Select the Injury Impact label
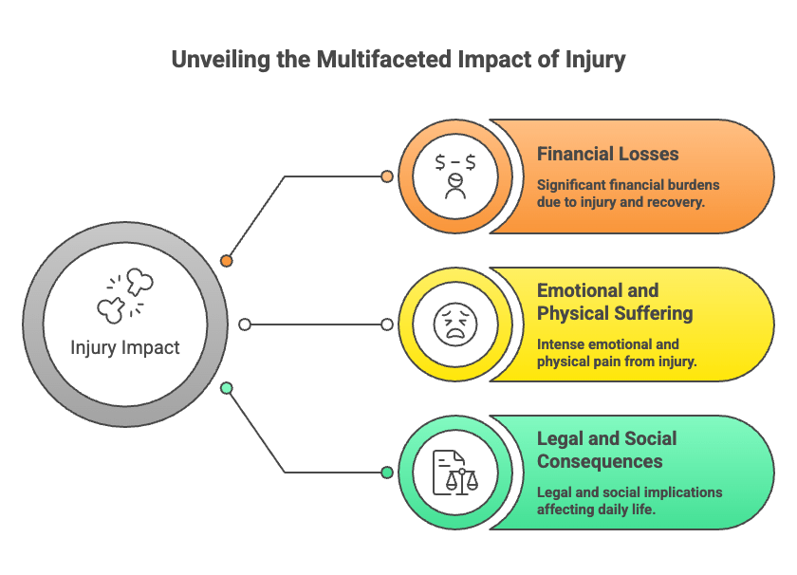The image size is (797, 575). pyautogui.click(x=125, y=347)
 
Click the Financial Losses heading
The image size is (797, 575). pyautogui.click(x=608, y=154)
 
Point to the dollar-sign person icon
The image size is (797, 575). pyautogui.click(x=455, y=176)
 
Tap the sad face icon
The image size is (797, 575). pyautogui.click(x=455, y=325)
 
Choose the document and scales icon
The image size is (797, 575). pyautogui.click(x=455, y=473)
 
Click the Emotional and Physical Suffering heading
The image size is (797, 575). pyautogui.click(x=615, y=302)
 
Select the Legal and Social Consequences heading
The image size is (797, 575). pyautogui.click(x=607, y=450)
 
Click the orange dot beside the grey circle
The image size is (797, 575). pyautogui.click(x=227, y=261)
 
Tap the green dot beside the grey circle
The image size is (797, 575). pyautogui.click(x=227, y=388)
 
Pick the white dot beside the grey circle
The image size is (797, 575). pyautogui.click(x=245, y=325)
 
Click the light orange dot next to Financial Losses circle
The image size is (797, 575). pyautogui.click(x=387, y=176)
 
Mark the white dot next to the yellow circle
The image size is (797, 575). pyautogui.click(x=387, y=325)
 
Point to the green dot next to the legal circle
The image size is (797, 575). pyautogui.click(x=387, y=473)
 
